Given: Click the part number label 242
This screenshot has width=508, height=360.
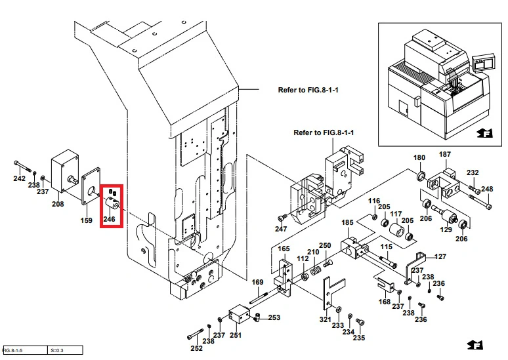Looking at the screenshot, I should pyautogui.click(x=19, y=179).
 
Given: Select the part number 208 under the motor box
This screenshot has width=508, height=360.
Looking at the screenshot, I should pyautogui.click(x=58, y=204).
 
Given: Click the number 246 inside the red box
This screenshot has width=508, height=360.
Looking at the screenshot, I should pyautogui.click(x=110, y=219).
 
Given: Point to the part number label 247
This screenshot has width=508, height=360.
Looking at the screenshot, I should pyautogui.click(x=281, y=229).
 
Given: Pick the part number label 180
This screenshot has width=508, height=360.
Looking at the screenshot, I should pyautogui.click(x=419, y=158).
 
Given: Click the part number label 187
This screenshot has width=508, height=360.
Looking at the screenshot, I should pyautogui.click(x=445, y=155).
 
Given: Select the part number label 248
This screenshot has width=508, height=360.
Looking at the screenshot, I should pyautogui.click(x=487, y=190).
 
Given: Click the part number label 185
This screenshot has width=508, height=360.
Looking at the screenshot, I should pyautogui.click(x=347, y=223).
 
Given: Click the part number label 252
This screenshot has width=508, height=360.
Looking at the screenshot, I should pyautogui.click(x=196, y=348).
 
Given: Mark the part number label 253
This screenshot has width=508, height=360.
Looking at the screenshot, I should pyautogui.click(x=274, y=317).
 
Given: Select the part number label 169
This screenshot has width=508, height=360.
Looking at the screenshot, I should pyautogui.click(x=258, y=283).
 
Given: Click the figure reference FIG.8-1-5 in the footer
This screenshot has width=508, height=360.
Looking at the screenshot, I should pyautogui.click(x=13, y=351).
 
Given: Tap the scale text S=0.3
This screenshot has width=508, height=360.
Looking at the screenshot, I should pyautogui.click(x=58, y=351).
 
